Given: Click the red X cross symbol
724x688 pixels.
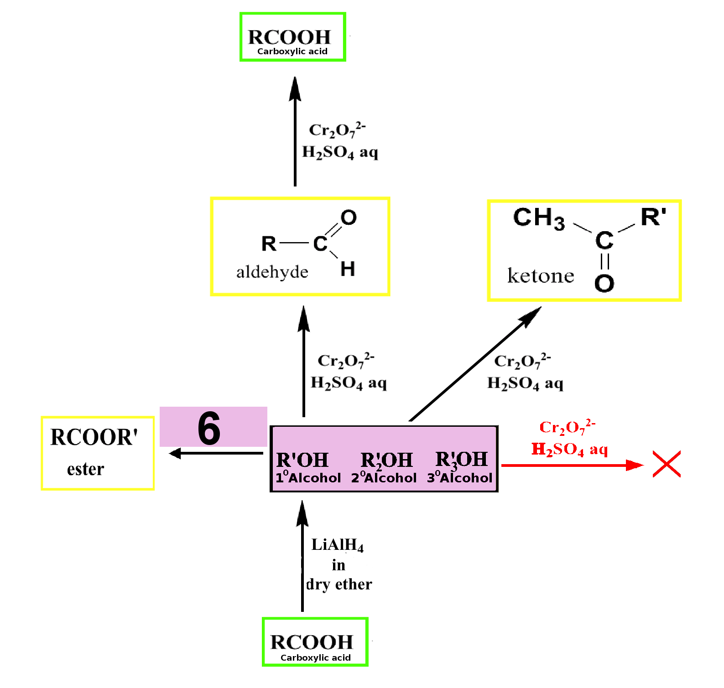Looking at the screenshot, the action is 667,464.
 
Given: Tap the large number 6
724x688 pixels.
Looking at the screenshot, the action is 209,428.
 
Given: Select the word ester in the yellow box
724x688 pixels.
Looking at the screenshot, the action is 86,469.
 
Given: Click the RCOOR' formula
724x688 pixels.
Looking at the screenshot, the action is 94,437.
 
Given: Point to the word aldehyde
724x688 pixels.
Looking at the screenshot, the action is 272,272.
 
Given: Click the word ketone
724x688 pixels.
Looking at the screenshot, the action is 541,276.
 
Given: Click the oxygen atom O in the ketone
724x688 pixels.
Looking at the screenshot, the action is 604,283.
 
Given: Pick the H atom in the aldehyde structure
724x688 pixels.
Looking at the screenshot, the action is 348,269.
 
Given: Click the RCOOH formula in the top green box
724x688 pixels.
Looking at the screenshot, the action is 289,37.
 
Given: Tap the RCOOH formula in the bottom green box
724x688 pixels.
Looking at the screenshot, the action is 312,642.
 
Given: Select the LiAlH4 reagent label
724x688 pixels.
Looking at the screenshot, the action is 338,545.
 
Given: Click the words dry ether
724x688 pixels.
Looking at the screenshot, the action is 339,585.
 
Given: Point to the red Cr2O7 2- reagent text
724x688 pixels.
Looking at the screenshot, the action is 568,427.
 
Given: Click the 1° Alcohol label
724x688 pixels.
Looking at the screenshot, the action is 308,477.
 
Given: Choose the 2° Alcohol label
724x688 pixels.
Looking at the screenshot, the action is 384,477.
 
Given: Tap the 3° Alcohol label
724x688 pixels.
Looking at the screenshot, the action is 459,477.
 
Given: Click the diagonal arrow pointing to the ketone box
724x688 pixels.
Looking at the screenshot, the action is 475,363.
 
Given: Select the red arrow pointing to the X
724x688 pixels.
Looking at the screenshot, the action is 573,465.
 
